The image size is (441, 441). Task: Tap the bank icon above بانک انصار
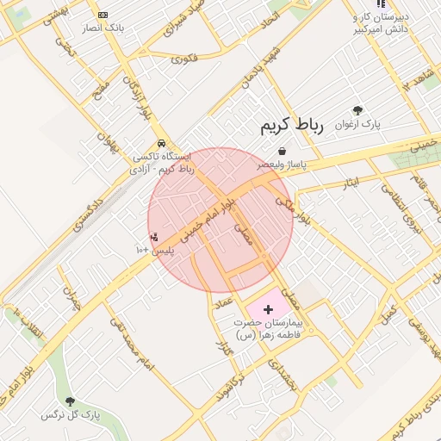[103, 16]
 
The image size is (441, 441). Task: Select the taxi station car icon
[161, 144]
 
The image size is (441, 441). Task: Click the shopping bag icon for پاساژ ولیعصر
[282, 152]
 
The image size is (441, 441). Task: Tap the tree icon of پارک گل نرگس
[71, 401]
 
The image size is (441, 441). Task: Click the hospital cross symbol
[267, 308]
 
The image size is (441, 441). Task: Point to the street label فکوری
[184, 59]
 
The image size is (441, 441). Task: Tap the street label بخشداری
[282, 373]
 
